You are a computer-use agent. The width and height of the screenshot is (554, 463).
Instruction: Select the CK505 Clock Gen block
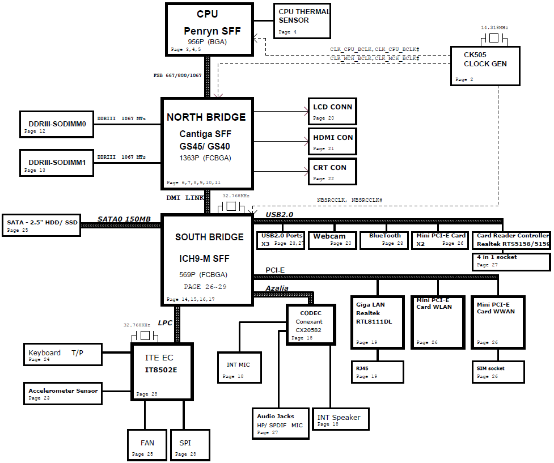coord(485,65)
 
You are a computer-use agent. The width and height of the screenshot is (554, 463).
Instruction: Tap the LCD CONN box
coord(332,111)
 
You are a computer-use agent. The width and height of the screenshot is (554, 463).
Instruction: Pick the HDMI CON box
coord(332,142)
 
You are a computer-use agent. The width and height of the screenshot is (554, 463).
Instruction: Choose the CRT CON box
coord(332,172)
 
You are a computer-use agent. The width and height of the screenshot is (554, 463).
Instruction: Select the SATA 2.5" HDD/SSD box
coord(41,225)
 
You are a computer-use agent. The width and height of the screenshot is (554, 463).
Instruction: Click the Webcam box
coord(332,240)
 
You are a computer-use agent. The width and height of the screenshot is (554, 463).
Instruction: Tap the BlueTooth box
coord(384,240)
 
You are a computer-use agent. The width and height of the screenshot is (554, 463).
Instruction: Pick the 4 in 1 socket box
coord(511,261)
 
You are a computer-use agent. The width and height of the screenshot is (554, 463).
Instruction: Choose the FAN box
coord(147,444)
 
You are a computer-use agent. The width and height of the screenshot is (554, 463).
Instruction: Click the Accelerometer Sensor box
coord(63,394)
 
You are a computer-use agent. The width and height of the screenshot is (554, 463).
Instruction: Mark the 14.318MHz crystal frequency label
coord(494,27)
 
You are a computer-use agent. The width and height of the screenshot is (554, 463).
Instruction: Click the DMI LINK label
coord(185,198)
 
